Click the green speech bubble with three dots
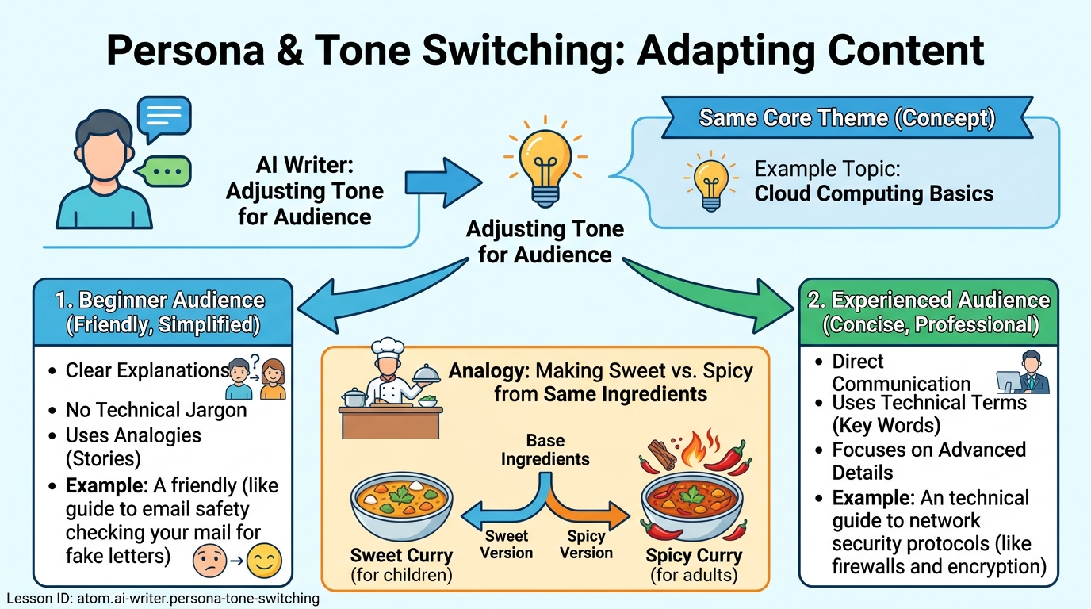coord(165,170)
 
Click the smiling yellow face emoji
coord(264,561)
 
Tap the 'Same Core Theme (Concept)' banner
coord(846,119)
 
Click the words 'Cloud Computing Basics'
coord(874,193)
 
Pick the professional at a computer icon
coord(1023,373)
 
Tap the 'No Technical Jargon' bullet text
coord(156,410)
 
